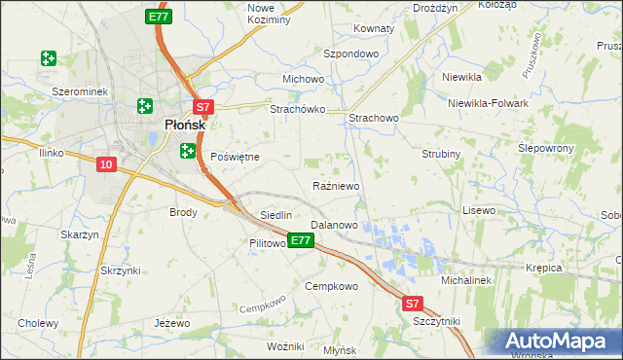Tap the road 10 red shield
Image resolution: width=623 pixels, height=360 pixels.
107,164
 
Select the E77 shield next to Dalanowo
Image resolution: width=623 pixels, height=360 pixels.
301,239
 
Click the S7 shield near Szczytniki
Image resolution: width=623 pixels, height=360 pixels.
414,305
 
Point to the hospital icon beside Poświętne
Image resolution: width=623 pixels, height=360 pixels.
188,151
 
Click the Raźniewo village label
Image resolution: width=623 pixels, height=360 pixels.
337,186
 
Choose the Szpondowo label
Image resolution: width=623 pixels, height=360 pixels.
350,54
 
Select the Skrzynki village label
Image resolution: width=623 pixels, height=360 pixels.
120,270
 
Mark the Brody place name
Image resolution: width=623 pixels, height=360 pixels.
183,212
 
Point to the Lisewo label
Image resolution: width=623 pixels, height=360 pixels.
479,210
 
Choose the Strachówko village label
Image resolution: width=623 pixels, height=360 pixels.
297,110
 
